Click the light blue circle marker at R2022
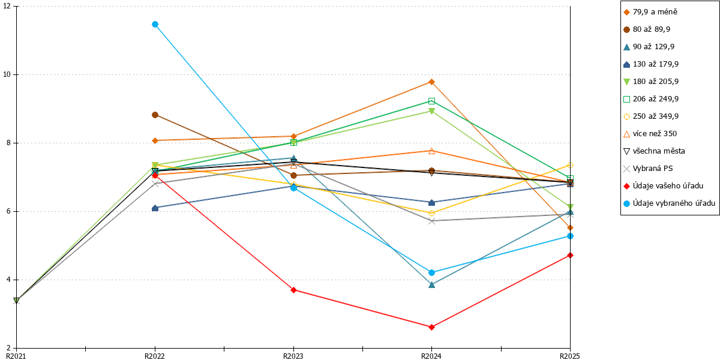pyautogui.click(x=155, y=25)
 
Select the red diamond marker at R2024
pyautogui.click(x=431, y=327)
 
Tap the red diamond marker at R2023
pyautogui.click(x=293, y=290)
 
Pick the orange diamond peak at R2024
pyautogui.click(x=431, y=82)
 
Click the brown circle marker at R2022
pyautogui.click(x=155, y=115)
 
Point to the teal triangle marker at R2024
pyautogui.click(x=431, y=285)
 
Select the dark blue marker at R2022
pyautogui.click(x=155, y=208)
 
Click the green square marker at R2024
pyautogui.click(x=431, y=101)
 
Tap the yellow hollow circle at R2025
pyautogui.click(x=570, y=165)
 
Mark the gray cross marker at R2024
pyautogui.click(x=431, y=221)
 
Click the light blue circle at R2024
pyautogui.click(x=431, y=272)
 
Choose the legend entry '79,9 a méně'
pyautogui.click(x=650, y=12)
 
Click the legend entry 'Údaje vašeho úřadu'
pyautogui.click(x=664, y=186)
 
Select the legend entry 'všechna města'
pyautogui.click(x=654, y=151)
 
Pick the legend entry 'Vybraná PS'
pyautogui.click(x=648, y=169)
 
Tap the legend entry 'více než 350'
pyautogui.click(x=650, y=134)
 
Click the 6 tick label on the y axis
pyautogui.click(x=8, y=211)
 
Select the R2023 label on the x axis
pyautogui.click(x=293, y=356)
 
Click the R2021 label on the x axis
pyautogui.click(x=16, y=356)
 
